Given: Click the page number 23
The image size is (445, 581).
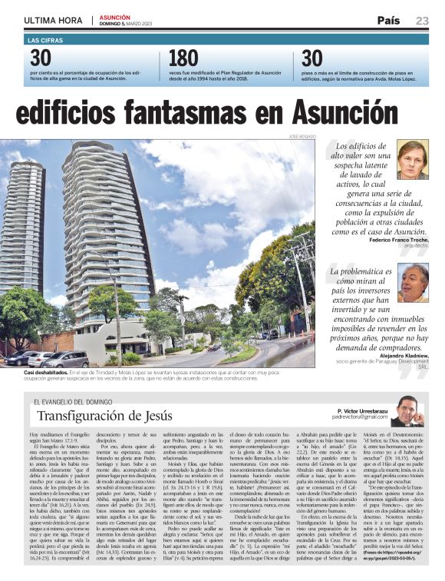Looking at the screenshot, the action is coord(422,21).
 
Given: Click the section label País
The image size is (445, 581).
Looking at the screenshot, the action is coord(390,21).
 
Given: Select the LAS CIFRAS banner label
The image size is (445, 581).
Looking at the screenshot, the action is coord(44,39).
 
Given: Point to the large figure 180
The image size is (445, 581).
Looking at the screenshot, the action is coord(183,58).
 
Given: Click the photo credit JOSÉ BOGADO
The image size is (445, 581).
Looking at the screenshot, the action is coord(301,136).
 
